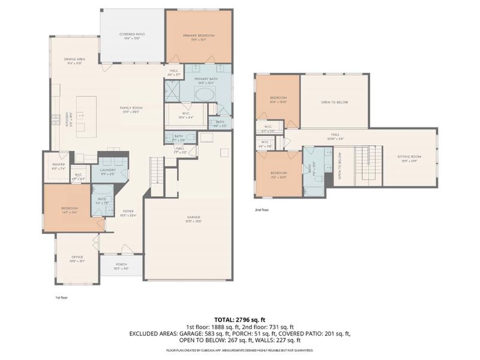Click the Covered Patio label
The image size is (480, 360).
pyautogui.click(x=131, y=35)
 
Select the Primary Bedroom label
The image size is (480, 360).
pyautogui.click(x=199, y=35)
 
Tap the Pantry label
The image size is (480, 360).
pyautogui.click(x=58, y=164)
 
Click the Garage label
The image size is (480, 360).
pyautogui.click(x=193, y=217)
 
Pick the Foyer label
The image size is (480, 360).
pyautogui.click(x=128, y=211)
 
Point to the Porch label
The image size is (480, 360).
pyautogui.click(x=121, y=266)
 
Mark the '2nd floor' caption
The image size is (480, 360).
pyautogui.click(x=262, y=210)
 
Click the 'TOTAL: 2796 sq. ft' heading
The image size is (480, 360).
pyautogui.click(x=239, y=319)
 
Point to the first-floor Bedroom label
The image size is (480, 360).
pyautogui.click(x=70, y=209)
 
